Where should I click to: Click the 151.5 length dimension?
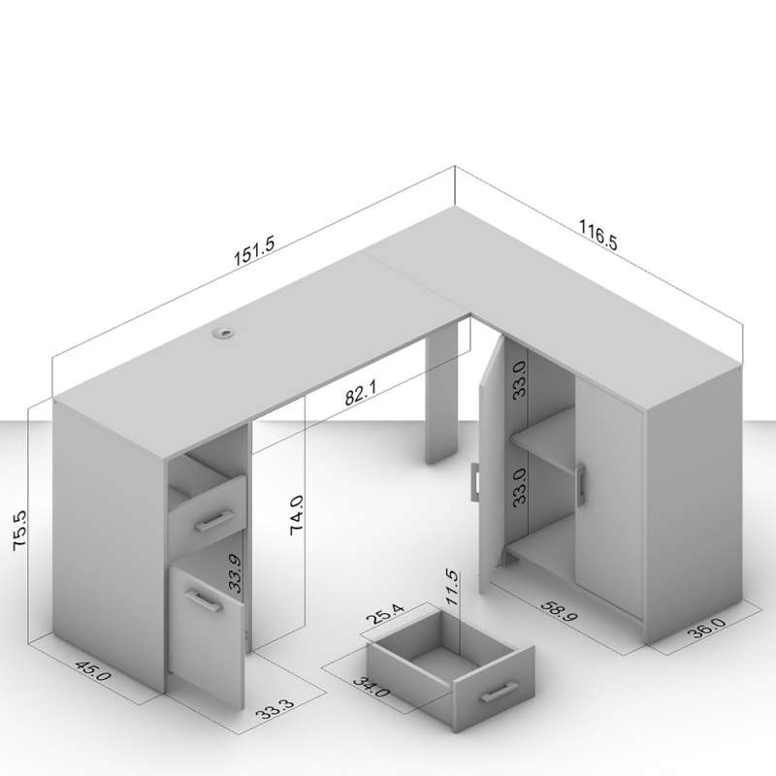coord(254,251)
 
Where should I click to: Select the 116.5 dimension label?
coord(598,235)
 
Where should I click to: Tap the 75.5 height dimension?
coord(19,530)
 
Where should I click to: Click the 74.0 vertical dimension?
coord(297,515)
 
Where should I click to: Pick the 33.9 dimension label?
coord(235,573)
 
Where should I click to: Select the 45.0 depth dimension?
coord(93,671)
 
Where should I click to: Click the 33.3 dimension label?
coord(275,709)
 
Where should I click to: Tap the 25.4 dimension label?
coord(384,615)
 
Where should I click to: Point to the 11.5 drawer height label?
coord(452,588)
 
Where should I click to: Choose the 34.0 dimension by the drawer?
coord(372,688)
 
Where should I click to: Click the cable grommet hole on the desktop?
coord(221,334)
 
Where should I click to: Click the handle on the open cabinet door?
coord(475,483)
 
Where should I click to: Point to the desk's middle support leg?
coord(441,395)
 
